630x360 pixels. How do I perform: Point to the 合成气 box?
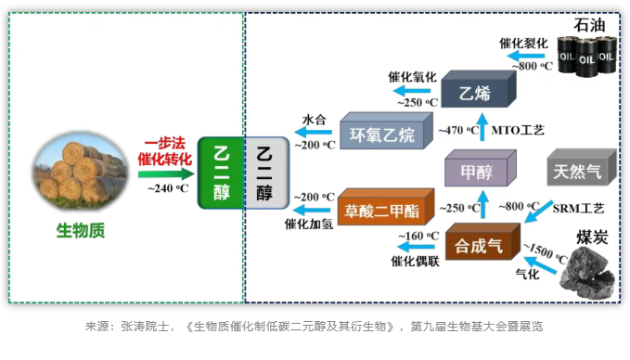click(480, 245)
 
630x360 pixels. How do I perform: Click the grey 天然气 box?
click(578, 171)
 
